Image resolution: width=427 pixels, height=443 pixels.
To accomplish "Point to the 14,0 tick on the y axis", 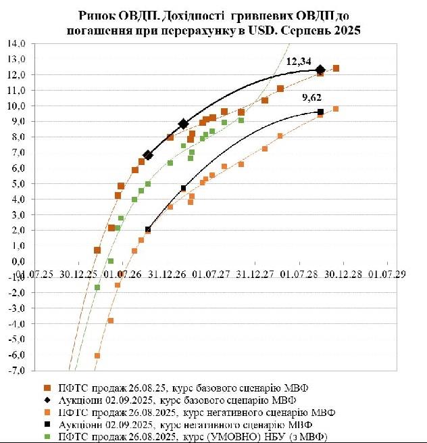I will click(16, 43).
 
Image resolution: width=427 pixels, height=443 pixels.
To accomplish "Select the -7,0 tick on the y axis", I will click(16, 371).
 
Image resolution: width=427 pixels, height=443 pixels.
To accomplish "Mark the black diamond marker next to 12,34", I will click(320, 69).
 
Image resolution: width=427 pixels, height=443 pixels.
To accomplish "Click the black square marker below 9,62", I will click(320, 112).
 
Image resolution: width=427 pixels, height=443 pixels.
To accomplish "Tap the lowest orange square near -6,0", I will click(97, 356).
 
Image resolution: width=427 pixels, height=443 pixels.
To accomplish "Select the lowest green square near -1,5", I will click(97, 287).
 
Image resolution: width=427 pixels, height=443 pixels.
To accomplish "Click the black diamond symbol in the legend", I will click(47, 400).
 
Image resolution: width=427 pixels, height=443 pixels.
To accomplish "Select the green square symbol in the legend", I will click(47, 436).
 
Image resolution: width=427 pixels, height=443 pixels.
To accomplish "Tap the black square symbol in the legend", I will click(47, 424).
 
